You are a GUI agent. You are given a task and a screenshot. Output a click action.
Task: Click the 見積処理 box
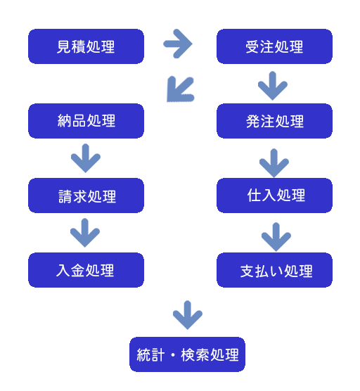[86, 46]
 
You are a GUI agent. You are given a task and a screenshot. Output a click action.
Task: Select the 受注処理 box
[274, 46]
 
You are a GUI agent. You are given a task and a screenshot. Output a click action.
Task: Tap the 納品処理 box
[86, 121]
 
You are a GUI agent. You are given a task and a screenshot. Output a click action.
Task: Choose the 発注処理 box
[274, 121]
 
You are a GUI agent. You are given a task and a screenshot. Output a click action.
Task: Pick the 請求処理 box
[86, 195]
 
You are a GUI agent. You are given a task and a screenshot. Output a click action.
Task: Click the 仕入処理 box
[274, 195]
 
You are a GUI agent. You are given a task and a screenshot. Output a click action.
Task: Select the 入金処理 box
[86, 270]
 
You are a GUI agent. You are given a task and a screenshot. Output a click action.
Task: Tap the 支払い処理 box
[274, 270]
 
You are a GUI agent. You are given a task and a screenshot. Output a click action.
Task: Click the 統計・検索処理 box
[187, 354]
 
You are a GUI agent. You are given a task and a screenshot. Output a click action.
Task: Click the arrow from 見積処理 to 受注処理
[177, 44]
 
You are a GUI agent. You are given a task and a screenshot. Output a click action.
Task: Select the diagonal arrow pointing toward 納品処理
[180, 89]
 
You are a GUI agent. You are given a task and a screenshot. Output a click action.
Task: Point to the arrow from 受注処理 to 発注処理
[273, 86]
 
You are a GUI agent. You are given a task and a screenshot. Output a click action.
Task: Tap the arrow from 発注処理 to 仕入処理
[274, 163]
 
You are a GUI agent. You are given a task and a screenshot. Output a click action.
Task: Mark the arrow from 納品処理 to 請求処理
[86, 158]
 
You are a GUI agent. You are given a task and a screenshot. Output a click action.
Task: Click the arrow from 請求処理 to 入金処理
[85, 233]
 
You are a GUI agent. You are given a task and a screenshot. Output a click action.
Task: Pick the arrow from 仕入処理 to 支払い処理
[276, 237]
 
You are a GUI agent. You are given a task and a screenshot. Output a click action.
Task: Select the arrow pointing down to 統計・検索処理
[188, 315]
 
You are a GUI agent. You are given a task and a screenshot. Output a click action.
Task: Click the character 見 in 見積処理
[64, 46]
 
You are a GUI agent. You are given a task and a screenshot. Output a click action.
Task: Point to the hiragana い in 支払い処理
[276, 271]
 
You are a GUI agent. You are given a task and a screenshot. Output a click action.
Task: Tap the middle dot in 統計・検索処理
[173, 355]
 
